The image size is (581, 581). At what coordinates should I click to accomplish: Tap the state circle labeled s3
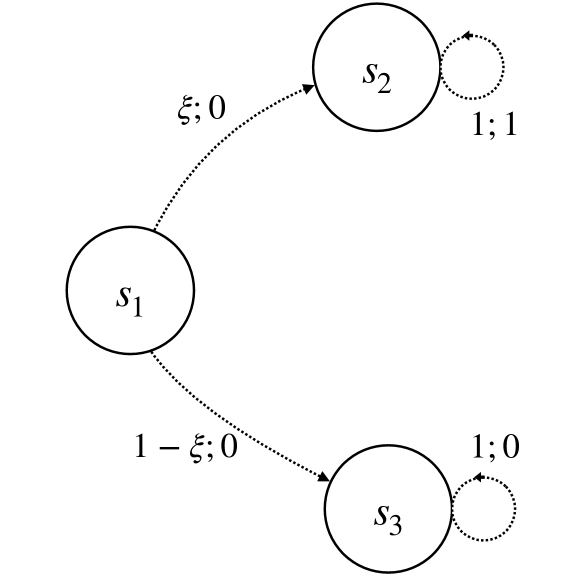pos(389,511)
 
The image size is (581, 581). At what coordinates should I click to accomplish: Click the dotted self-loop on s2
pos(503,68)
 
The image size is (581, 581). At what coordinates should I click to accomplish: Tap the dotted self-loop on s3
pos(514,510)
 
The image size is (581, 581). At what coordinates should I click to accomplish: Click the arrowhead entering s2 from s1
pos(308,88)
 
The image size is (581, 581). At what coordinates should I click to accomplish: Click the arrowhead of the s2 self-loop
pos(465,37)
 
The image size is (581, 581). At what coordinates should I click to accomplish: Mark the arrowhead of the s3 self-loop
pos(477,479)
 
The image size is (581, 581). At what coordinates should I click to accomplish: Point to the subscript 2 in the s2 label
pos(384,81)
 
